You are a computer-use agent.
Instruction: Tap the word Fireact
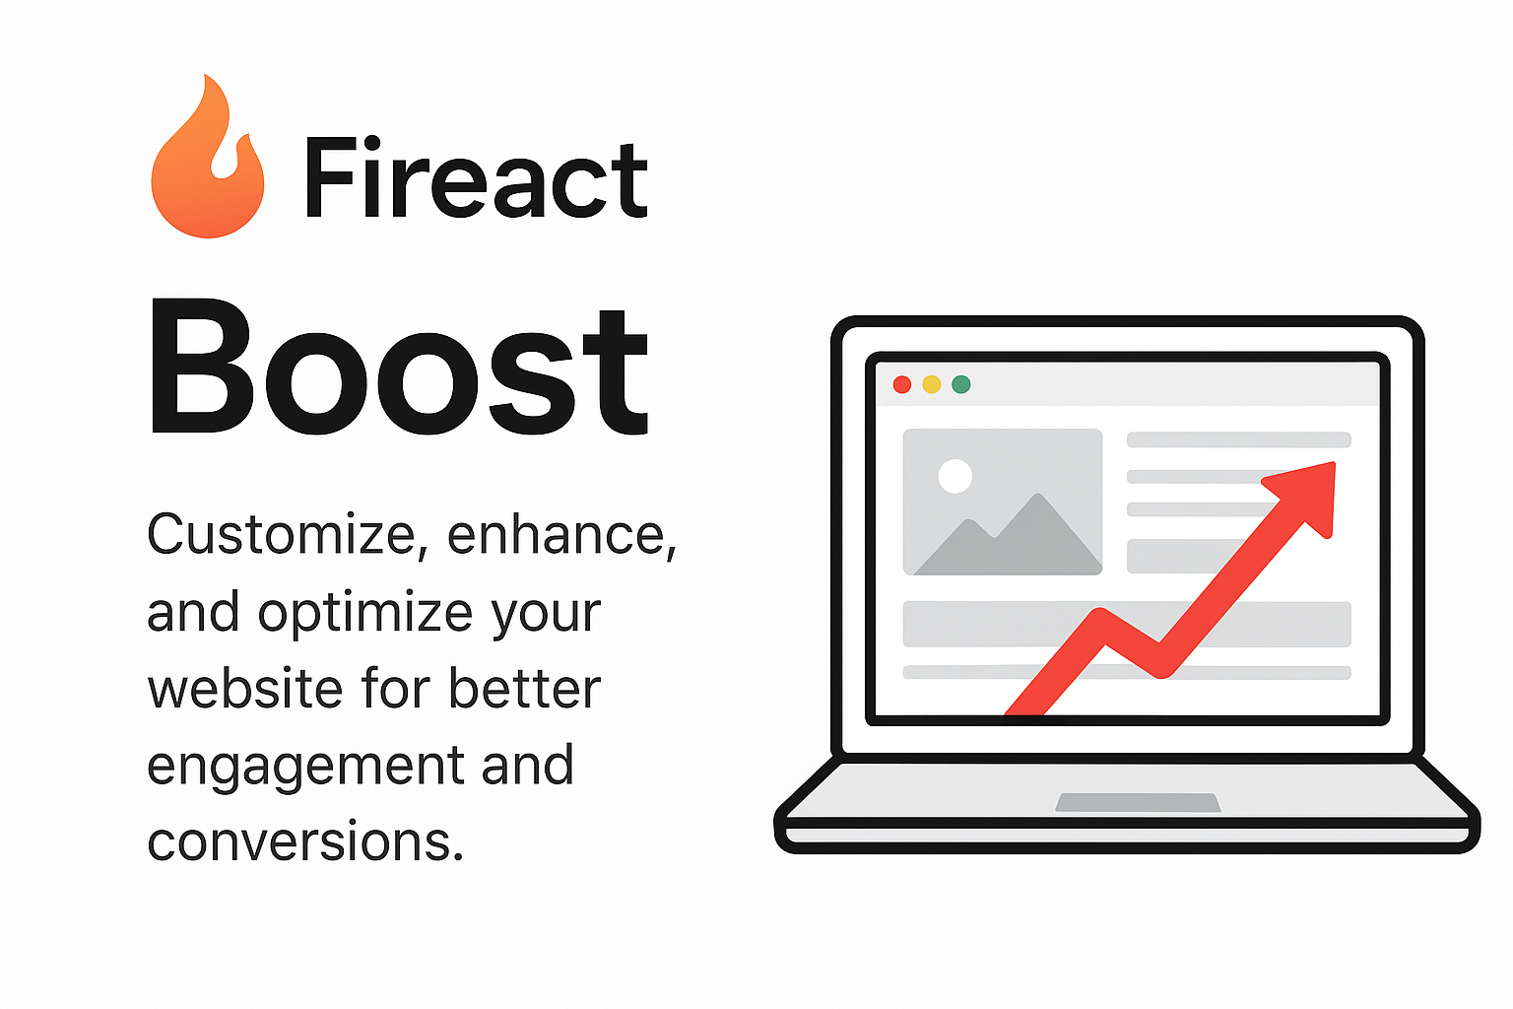(476, 177)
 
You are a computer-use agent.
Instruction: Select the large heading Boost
(399, 368)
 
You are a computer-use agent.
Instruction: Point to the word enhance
(561, 535)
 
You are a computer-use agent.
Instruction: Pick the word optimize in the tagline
(364, 614)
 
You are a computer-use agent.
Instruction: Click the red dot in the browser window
(901, 384)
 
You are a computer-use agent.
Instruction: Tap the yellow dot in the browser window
(932, 384)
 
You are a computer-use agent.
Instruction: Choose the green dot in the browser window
(961, 384)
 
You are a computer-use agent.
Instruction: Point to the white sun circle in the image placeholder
(955, 476)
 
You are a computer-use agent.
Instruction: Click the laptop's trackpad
(1138, 802)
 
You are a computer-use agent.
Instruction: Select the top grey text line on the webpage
(1239, 439)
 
